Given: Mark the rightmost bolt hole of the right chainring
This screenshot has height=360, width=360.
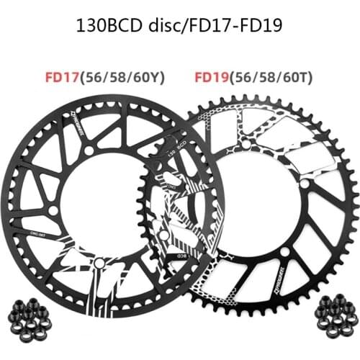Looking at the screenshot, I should coord(308,185).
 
